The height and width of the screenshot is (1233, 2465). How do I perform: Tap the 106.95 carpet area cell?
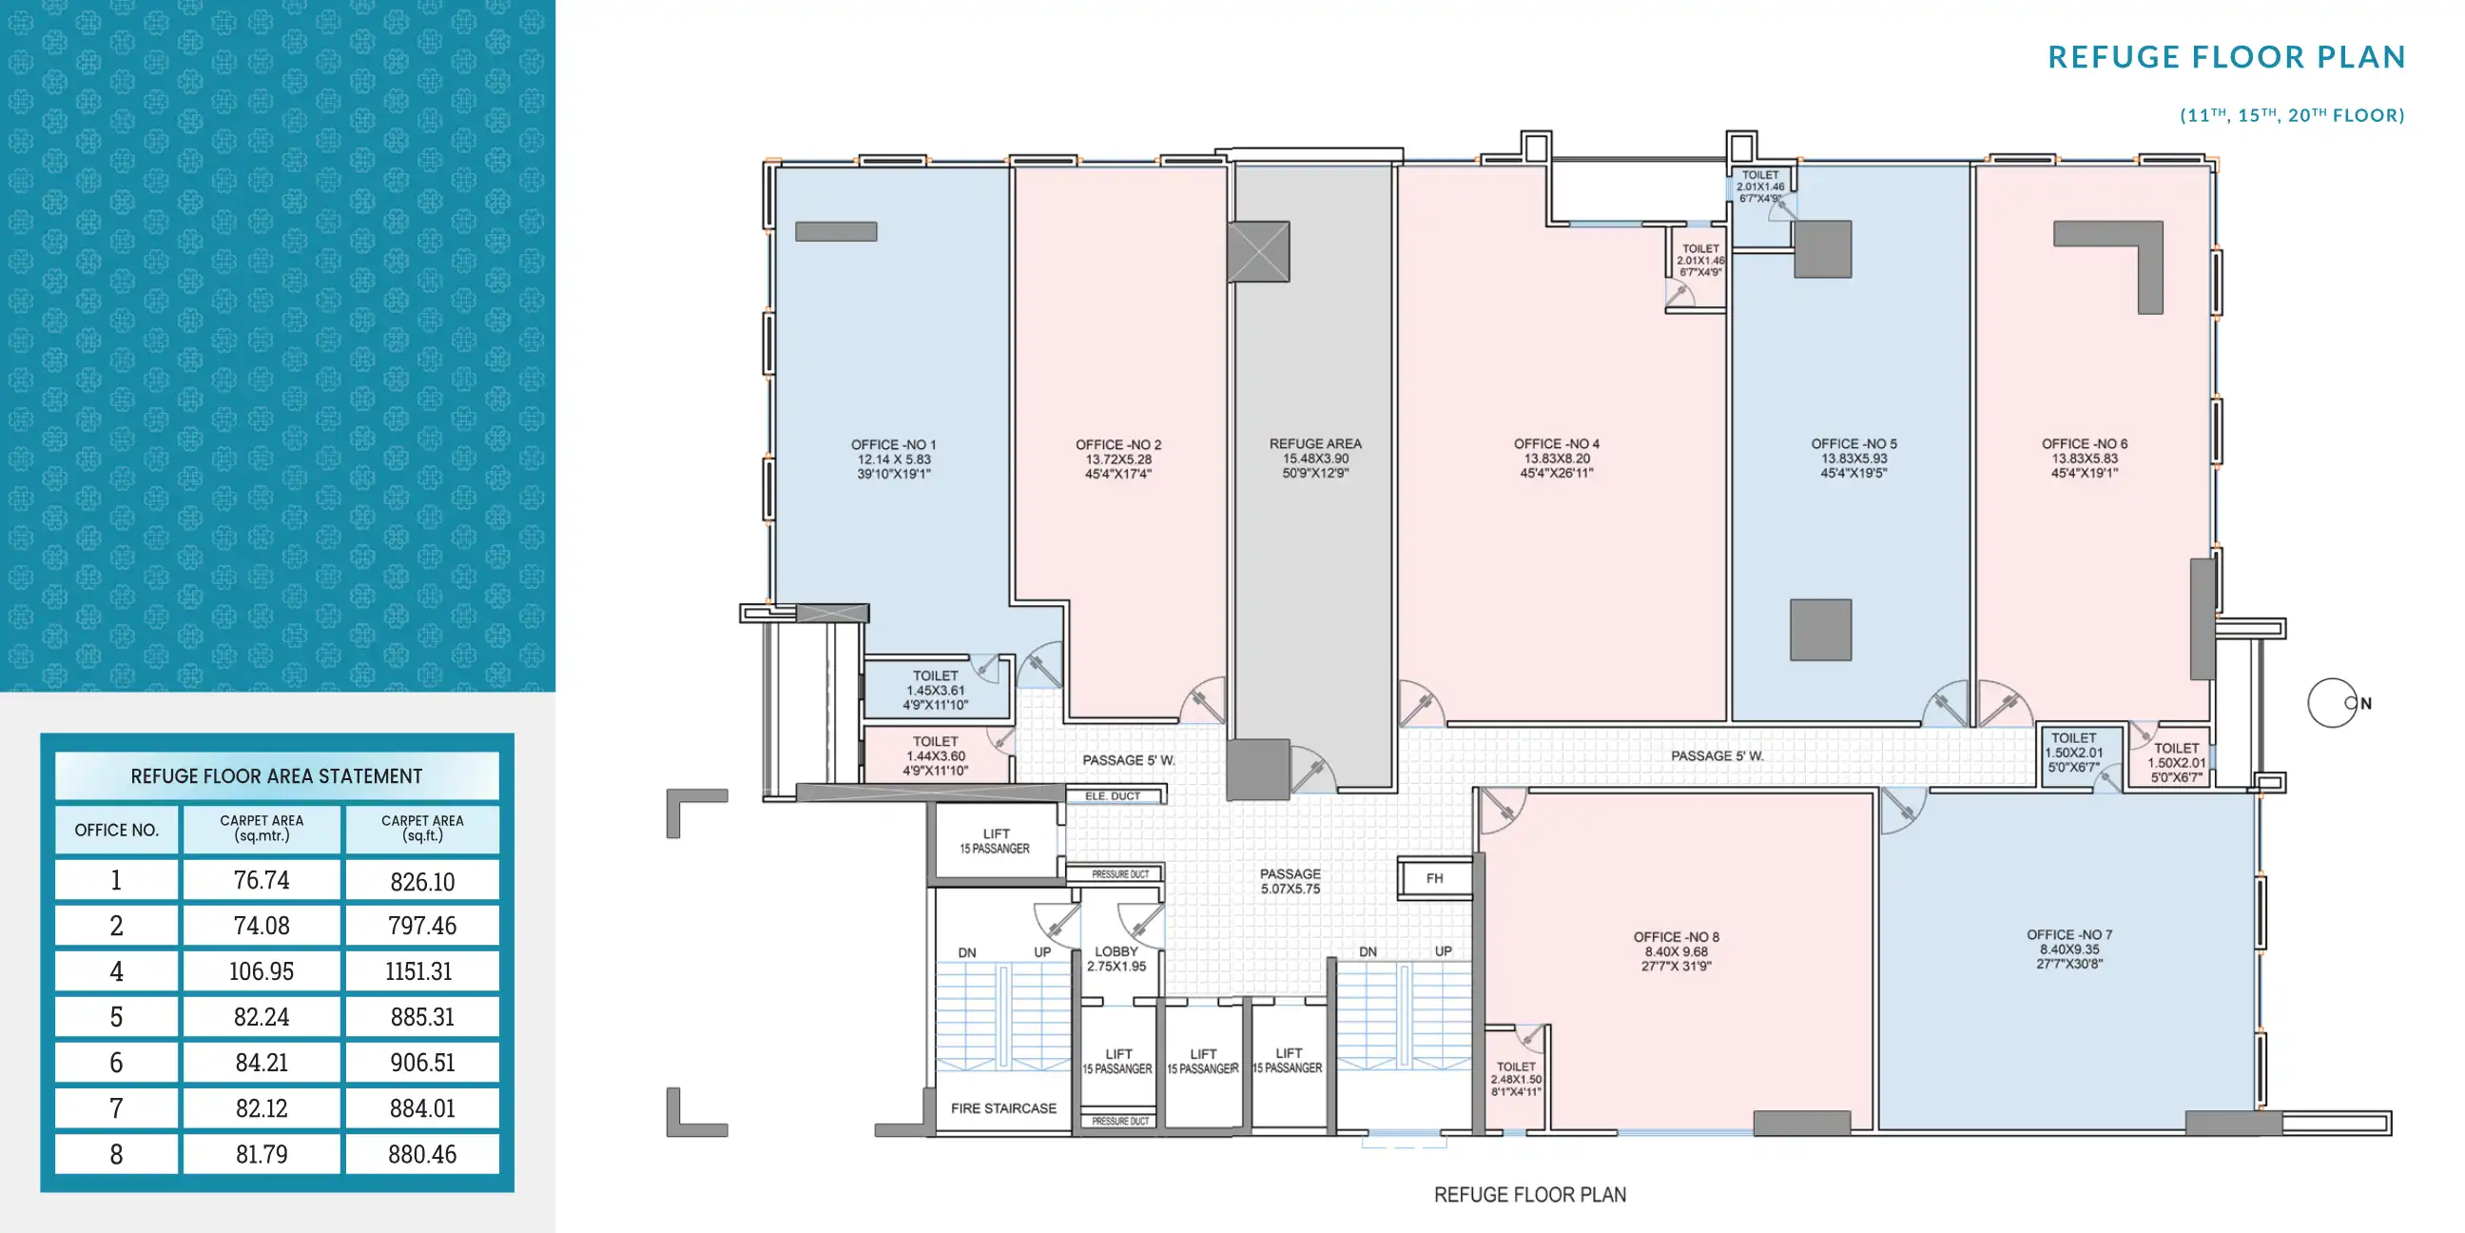[x=262, y=970]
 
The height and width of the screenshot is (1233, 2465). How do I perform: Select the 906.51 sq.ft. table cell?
[x=422, y=1063]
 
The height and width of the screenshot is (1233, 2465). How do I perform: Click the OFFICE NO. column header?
[x=117, y=830]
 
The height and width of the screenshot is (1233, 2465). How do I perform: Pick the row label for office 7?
[x=117, y=1108]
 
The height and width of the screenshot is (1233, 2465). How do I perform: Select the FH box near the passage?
[x=1434, y=878]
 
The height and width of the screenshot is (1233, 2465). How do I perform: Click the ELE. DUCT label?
[x=1112, y=795]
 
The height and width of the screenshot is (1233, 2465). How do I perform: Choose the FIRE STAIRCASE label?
[x=1003, y=1107]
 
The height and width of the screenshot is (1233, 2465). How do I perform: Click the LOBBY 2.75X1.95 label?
[x=1116, y=958]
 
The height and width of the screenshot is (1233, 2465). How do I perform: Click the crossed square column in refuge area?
[x=1258, y=252]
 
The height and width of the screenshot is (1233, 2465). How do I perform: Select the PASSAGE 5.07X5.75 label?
[x=1290, y=881]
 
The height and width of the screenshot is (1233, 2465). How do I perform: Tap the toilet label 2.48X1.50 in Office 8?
[x=1516, y=1079]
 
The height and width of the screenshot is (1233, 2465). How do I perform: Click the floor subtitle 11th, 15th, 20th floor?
[x=2291, y=115]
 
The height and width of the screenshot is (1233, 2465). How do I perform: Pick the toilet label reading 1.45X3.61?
[x=935, y=690]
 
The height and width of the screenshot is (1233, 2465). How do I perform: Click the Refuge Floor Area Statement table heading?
[x=277, y=776]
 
